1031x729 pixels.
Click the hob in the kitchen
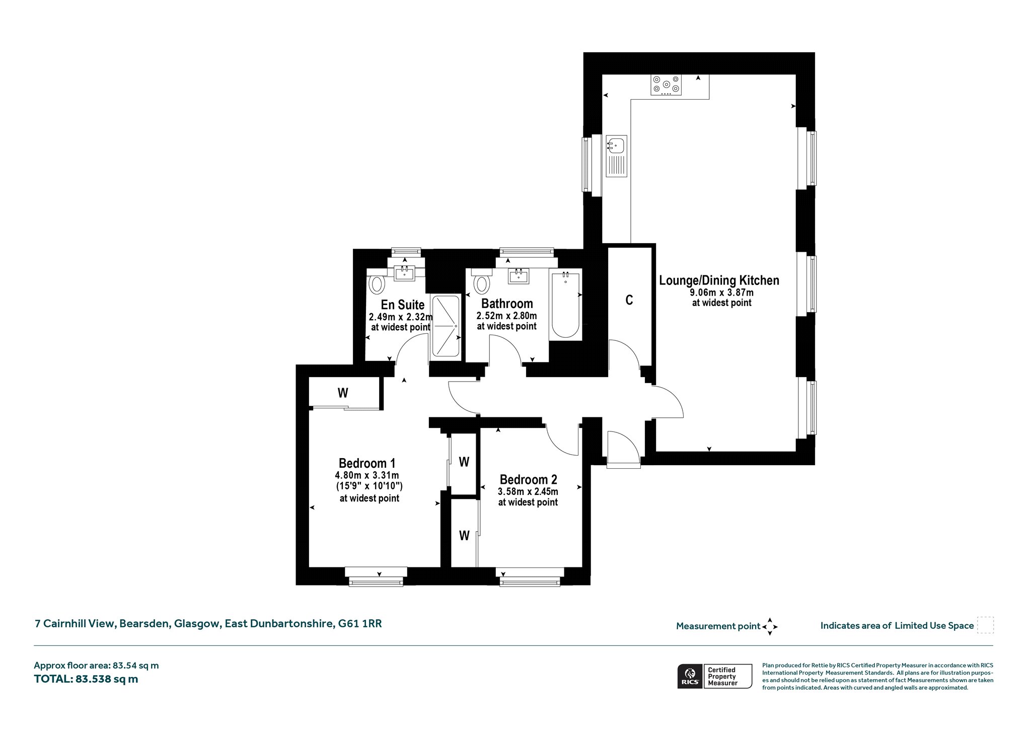pos(667,85)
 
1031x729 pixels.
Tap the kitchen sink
pos(616,156)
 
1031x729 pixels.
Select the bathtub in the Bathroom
pos(566,305)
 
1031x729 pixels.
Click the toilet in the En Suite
pos(377,282)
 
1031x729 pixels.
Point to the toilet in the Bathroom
pos(482,282)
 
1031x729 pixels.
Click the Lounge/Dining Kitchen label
pos(719,280)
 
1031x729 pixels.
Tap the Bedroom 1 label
pos(367,463)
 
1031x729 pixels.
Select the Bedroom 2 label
pos(528,479)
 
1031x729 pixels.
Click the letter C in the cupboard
pos(629,300)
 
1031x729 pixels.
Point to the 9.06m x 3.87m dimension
pos(721,293)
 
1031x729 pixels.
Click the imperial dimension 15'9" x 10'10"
pos(369,486)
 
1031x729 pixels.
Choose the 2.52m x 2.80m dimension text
pos(506,316)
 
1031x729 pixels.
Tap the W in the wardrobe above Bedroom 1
pos(343,393)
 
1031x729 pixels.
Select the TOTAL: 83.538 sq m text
pos(86,679)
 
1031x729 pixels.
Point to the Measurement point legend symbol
pos(770,627)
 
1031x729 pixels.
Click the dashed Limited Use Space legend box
pos(985,625)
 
